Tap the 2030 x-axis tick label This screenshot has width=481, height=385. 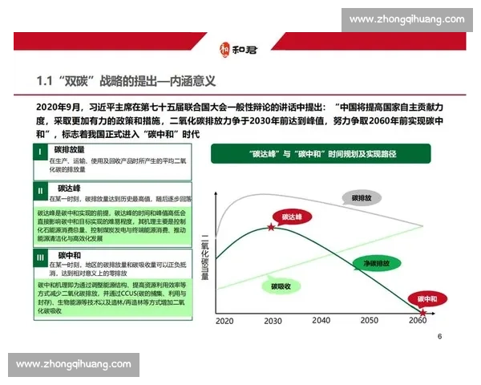(273, 320)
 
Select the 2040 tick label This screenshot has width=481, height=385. (321, 320)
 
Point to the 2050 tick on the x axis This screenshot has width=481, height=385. (369, 320)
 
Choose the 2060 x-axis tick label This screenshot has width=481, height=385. (418, 320)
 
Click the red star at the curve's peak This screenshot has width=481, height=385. (271, 228)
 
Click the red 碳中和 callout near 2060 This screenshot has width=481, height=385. (428, 298)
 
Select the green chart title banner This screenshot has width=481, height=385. (321, 153)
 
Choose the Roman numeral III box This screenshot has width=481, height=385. (40, 257)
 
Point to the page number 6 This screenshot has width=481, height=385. (439, 336)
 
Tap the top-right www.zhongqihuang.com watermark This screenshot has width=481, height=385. (407, 19)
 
